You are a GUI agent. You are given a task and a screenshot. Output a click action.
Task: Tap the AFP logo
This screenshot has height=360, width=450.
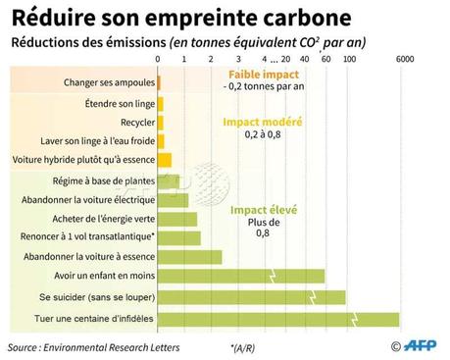(420, 345)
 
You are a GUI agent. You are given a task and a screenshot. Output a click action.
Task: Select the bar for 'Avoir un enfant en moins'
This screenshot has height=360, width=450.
(240, 276)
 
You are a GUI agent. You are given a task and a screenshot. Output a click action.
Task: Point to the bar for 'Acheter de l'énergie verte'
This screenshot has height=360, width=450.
(176, 219)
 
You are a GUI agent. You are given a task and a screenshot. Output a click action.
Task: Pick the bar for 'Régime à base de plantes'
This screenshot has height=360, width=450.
(168, 180)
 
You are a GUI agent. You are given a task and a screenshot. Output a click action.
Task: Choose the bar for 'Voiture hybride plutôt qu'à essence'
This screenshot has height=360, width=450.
(164, 160)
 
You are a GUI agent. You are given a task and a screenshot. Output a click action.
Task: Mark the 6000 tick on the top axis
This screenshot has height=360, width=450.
(405, 60)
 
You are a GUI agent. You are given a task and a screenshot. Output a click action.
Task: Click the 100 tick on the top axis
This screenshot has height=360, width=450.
(350, 60)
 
